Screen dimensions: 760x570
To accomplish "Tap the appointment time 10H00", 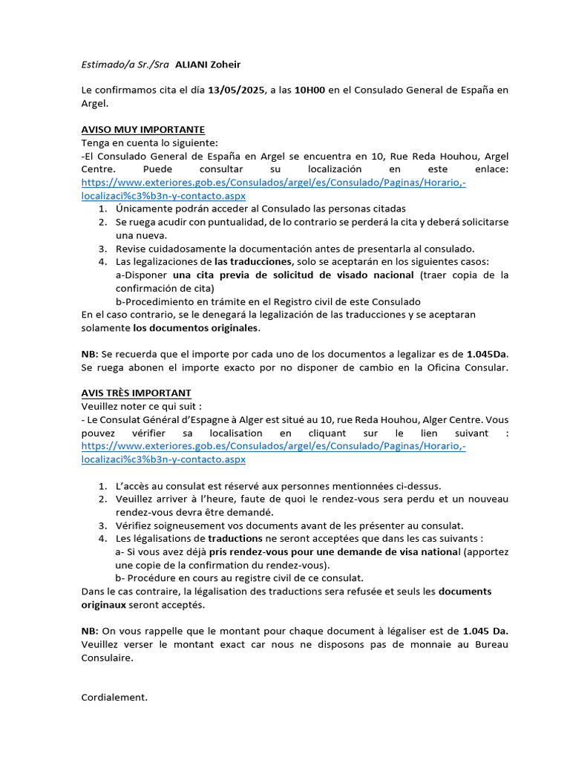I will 309,91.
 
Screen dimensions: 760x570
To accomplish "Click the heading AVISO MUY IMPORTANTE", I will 142,130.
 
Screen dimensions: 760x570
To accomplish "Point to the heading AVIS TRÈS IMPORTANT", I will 136,393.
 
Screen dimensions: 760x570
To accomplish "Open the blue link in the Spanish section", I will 273,183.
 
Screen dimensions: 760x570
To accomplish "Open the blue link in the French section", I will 273,446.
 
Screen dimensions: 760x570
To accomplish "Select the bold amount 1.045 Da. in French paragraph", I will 485,630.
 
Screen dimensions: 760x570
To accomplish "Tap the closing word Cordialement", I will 114,697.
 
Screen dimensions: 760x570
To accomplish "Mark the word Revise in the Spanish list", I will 131,248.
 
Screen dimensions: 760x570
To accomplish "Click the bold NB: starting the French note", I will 90,630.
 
